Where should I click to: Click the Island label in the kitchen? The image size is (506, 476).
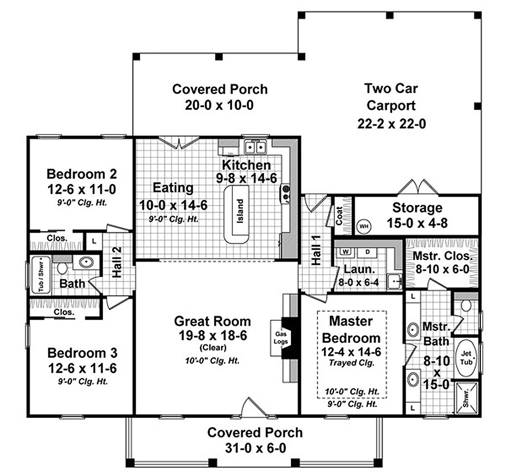coord(240,211)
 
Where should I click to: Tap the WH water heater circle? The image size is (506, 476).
coord(364,225)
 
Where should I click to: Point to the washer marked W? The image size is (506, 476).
coord(346,252)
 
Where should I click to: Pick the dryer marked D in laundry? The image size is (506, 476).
coord(367,252)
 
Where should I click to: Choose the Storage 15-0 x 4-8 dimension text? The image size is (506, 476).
coord(417,223)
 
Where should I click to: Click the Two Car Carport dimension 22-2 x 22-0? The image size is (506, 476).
coord(391,124)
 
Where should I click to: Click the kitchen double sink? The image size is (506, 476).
coord(256,147)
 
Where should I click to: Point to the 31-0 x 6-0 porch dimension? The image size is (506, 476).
coord(254,448)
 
